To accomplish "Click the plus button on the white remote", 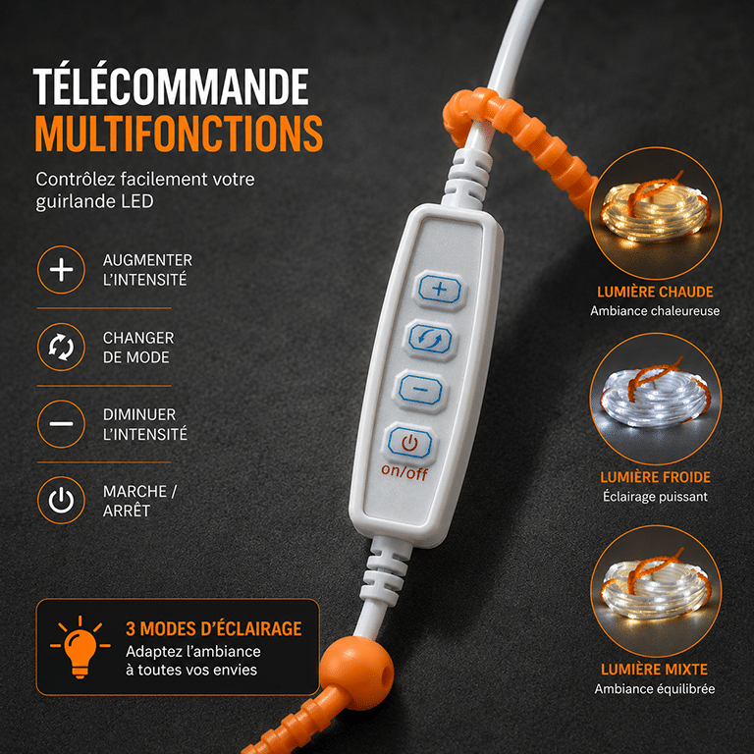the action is click(440, 290).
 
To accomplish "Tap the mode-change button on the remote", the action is click(430, 340).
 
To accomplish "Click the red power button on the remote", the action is click(409, 443).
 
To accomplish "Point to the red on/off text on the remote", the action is click(404, 472).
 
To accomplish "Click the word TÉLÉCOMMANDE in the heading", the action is click(171, 86).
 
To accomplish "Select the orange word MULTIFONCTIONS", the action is click(179, 134).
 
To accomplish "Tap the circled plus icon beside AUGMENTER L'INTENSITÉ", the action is click(61, 270).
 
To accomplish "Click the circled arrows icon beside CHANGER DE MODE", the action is click(61, 347).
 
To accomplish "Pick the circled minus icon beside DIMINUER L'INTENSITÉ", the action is click(61, 424).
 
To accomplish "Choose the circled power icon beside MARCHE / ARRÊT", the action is click(61, 500).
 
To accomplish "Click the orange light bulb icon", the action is click(80, 647).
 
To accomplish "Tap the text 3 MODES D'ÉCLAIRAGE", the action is click(213, 629).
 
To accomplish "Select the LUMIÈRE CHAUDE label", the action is click(655, 292).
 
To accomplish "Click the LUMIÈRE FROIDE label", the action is click(655, 477).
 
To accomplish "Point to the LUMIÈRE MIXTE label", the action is click(655, 670).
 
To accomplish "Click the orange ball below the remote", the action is click(356, 673).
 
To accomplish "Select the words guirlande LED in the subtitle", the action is click(94, 201).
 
